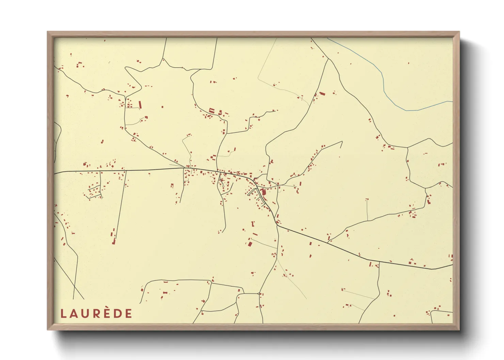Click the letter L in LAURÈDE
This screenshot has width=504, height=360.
63,314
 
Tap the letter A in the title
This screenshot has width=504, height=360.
74,314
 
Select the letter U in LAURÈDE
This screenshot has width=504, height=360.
85,314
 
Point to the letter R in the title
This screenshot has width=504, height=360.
97,314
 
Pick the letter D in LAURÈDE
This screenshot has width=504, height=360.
118,314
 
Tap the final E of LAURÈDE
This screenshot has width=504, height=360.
128,314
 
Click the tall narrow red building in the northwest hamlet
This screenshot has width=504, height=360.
140,104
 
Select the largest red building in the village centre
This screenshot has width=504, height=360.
264,192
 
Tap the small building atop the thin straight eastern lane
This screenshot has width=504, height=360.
367,199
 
